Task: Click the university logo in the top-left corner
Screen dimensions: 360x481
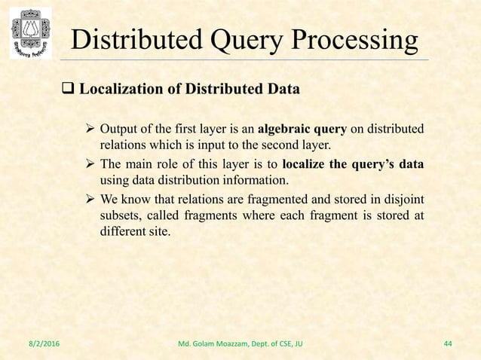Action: tap(30, 32)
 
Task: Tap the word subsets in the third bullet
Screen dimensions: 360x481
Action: tap(120, 216)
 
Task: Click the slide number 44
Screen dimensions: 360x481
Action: tap(448, 344)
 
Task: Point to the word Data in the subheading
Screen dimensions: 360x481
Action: tap(284, 90)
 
